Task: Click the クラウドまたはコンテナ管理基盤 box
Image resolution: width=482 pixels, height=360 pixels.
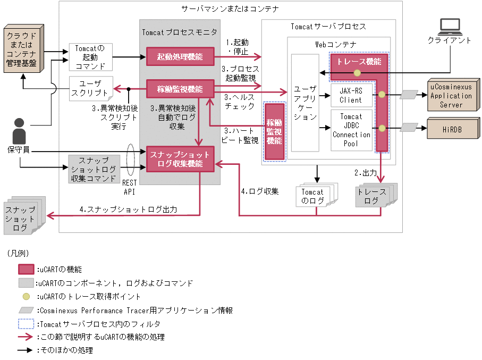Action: tap(22, 48)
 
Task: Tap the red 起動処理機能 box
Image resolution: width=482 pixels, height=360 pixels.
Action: tap(180, 56)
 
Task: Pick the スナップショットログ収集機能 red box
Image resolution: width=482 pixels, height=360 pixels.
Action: tap(180, 159)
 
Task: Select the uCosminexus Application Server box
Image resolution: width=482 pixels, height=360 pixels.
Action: tap(451, 96)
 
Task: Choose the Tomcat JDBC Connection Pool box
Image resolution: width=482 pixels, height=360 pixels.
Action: tap(351, 130)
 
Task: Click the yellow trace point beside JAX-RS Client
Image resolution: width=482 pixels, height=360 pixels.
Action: tap(381, 95)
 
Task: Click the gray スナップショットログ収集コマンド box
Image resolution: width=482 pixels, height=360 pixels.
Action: tap(94, 169)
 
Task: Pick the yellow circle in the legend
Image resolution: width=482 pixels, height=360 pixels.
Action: tap(26, 296)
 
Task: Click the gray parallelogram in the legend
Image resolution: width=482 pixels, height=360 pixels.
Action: tap(26, 310)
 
